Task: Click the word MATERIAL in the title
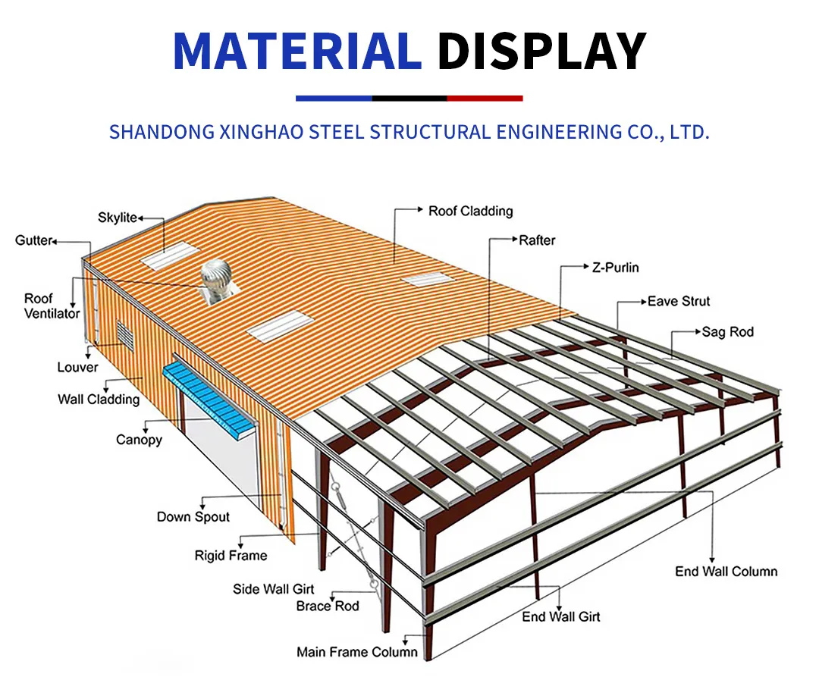(297, 51)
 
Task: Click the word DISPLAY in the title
(541, 51)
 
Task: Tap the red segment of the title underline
(485, 98)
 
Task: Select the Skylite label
(118, 217)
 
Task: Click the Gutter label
(34, 240)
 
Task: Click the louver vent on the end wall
(123, 333)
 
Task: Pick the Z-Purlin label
(615, 268)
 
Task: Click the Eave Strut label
(679, 301)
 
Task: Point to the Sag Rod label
(727, 332)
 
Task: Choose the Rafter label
(537, 240)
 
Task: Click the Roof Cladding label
(471, 211)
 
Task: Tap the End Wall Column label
(726, 571)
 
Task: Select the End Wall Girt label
(561, 616)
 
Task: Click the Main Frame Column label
(357, 652)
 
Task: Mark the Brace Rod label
(328, 606)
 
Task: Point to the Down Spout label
(193, 517)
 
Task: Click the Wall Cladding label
(99, 400)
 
